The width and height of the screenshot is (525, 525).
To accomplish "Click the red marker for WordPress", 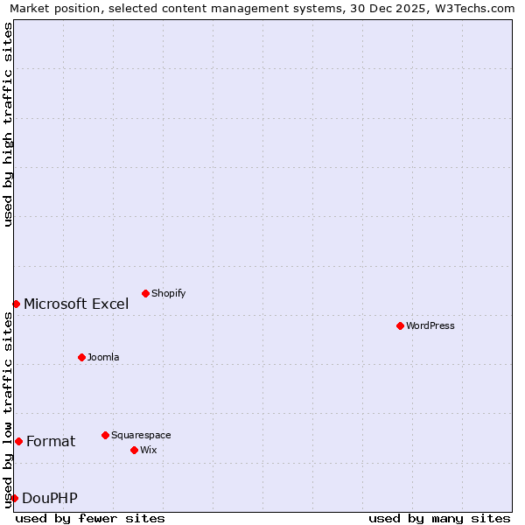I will (x=400, y=325).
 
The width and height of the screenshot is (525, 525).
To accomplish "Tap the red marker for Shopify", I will (x=145, y=293).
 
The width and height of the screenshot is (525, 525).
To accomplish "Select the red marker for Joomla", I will (x=81, y=357).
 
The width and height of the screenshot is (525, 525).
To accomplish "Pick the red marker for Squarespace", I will (x=105, y=435).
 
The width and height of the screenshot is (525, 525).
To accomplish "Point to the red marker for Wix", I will (x=134, y=450).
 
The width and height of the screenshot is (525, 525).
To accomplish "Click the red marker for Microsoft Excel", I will (x=16, y=304).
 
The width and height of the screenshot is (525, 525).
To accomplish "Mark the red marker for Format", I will (x=18, y=441).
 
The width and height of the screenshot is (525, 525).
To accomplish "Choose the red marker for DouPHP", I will (x=14, y=498).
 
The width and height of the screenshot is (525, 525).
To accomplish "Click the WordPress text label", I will (x=430, y=326).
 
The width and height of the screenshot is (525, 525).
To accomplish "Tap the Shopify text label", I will (x=168, y=294).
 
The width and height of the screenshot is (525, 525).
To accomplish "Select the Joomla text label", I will (x=103, y=358).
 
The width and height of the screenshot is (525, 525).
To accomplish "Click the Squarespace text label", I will (x=141, y=436).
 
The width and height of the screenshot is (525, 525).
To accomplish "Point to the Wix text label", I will (x=148, y=451).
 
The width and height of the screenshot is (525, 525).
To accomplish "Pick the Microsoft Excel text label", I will (x=76, y=304).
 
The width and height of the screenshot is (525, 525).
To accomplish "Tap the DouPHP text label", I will (x=50, y=499).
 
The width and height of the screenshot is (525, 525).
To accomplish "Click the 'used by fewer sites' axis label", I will (x=90, y=518).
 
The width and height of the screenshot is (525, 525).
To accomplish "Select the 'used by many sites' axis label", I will (x=439, y=518).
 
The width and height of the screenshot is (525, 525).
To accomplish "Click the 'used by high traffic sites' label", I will (x=8, y=124).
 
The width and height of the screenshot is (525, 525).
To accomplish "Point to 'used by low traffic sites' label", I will (x=8, y=409).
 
